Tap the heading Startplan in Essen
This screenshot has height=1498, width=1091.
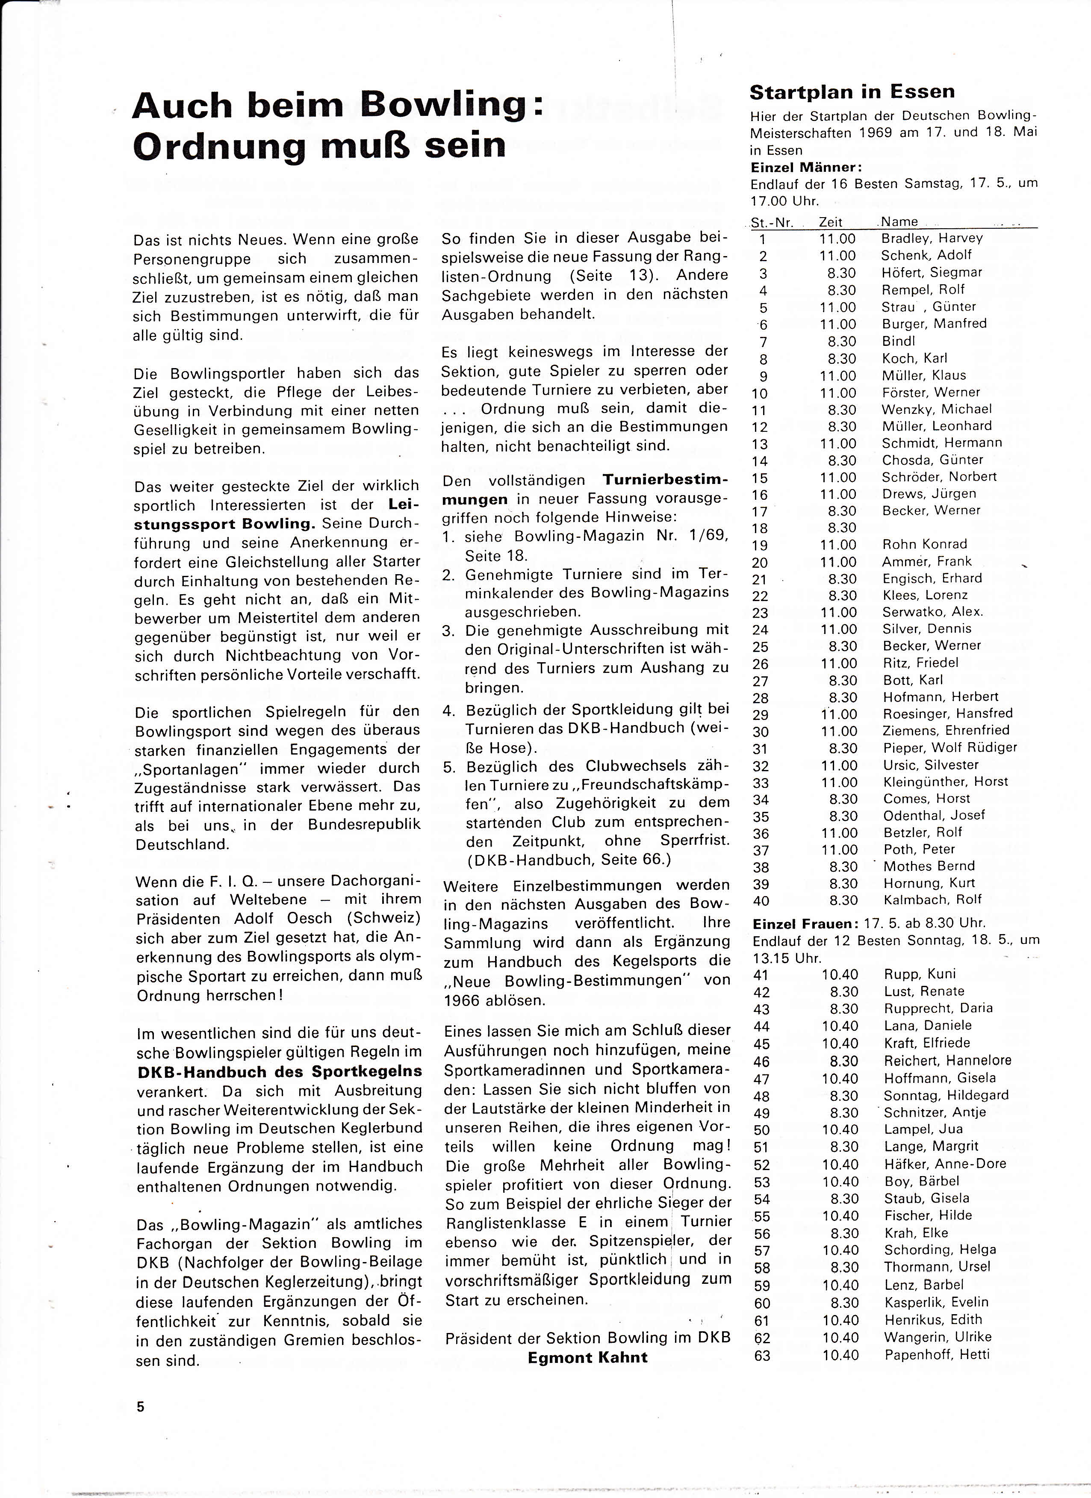pyautogui.click(x=852, y=92)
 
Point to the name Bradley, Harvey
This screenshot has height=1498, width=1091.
pyautogui.click(x=932, y=238)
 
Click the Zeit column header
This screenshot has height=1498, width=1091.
pyautogui.click(x=830, y=222)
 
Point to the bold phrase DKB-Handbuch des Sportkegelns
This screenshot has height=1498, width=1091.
pyautogui.click(x=279, y=1071)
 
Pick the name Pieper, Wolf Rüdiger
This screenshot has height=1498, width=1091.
pyautogui.click(x=949, y=748)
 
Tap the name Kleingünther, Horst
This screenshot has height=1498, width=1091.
pyautogui.click(x=945, y=782)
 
